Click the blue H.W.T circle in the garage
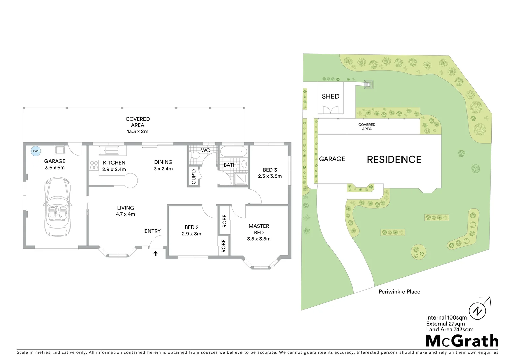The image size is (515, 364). click(35, 151)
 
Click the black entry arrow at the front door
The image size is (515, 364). click(156, 253)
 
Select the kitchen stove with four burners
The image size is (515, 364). click(94, 165)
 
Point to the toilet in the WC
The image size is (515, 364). click(195, 155)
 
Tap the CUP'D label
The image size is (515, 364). click(194, 177)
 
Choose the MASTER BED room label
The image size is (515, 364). click(259, 229)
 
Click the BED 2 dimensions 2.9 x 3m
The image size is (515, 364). click(191, 234)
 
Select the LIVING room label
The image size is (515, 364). click(125, 208)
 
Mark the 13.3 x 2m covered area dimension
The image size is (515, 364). click(137, 131)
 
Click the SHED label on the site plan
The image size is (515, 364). click(330, 96)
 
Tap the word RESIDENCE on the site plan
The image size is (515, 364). click(394, 159)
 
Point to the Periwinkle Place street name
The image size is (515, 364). click(399, 292)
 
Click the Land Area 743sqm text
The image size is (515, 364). click(449, 329)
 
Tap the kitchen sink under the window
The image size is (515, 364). click(108, 150)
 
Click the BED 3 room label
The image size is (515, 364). click(270, 170)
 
